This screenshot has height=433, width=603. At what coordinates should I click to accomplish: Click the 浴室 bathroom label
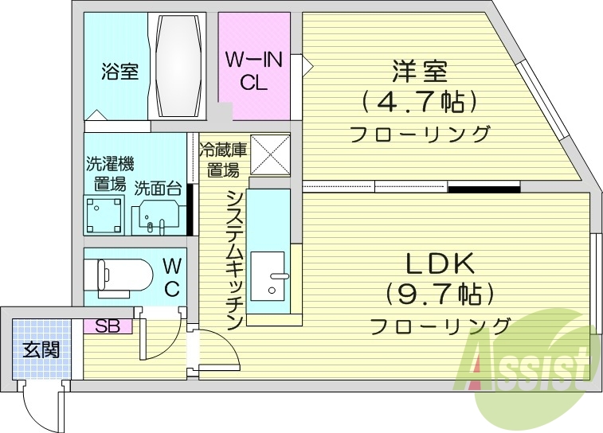(119, 72)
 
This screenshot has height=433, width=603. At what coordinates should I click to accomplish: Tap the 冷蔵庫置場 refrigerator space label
(222, 159)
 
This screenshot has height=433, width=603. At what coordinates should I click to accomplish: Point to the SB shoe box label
(107, 326)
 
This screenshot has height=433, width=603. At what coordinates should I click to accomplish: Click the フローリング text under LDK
(441, 326)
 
